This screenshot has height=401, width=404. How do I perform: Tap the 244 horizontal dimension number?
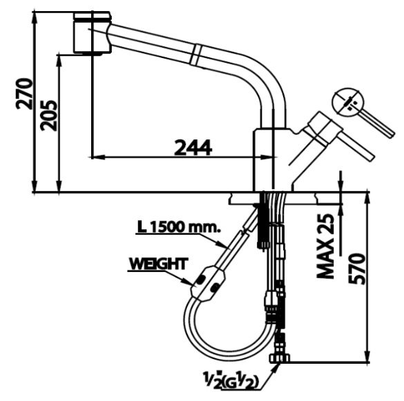tap(192, 146)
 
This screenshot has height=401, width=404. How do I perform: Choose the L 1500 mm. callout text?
tap(178, 226)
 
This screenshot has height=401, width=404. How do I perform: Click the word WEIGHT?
tap(157, 263)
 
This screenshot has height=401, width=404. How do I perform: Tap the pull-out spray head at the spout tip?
tap(91, 31)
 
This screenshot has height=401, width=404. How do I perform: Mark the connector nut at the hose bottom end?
tap(280, 357)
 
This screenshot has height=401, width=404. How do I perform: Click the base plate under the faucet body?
tap(273, 197)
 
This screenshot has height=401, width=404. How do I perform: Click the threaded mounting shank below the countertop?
tap(263, 224)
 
